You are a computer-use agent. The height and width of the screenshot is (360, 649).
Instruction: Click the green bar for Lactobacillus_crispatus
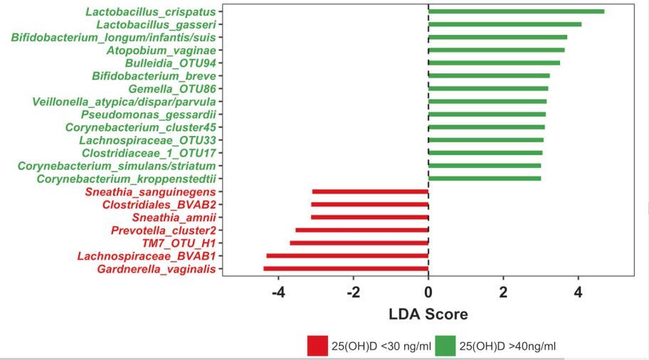[x=516, y=11]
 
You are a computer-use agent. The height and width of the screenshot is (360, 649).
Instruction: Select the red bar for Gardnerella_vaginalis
[x=346, y=268]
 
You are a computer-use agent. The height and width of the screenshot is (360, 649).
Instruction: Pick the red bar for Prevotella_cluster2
[x=362, y=230]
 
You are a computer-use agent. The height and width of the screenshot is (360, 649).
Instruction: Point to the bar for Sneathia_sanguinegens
[x=370, y=191]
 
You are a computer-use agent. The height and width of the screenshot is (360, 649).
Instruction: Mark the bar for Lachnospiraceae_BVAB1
[x=347, y=255]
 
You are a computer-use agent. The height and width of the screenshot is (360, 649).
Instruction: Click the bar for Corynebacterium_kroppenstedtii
[x=485, y=178]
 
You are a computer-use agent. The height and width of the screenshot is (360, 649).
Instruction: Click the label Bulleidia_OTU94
[x=170, y=63]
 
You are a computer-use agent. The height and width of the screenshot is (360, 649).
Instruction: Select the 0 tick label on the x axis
[x=428, y=292]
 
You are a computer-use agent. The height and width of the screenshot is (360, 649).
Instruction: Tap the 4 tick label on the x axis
[x=579, y=292]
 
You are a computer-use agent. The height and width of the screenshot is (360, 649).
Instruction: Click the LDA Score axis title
[x=428, y=314]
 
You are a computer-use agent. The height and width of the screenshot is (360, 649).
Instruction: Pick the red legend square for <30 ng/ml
[x=317, y=346]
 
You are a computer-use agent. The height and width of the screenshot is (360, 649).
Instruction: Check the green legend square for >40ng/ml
[x=445, y=346]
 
